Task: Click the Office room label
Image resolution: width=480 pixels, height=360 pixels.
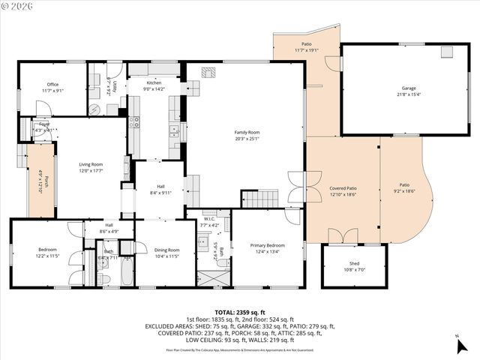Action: (52, 85)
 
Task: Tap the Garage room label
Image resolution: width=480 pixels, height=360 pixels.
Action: (409, 88)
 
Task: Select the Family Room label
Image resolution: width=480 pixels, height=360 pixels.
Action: (247, 133)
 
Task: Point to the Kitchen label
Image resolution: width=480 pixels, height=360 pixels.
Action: (153, 82)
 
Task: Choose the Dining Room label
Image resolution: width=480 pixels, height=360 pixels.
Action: (167, 250)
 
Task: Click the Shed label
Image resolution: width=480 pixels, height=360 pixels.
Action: (354, 264)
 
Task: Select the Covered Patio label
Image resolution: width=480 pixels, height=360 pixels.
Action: (342, 188)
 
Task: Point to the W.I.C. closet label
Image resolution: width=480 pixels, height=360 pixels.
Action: (209, 220)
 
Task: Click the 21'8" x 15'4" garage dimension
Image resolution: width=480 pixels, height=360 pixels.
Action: (409, 94)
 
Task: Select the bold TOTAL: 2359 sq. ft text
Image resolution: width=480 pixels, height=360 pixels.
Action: (240, 312)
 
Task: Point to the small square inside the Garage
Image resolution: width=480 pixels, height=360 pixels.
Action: (448, 52)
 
